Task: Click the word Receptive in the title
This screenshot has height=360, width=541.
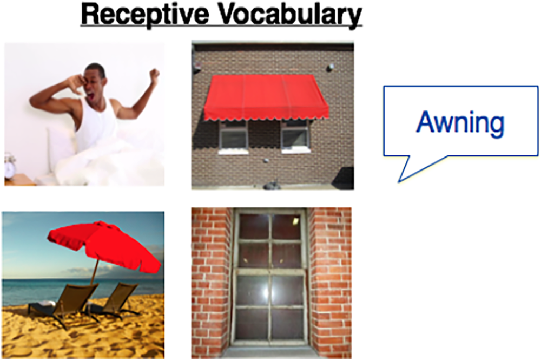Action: tap(145, 15)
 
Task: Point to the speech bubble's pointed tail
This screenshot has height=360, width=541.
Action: tap(400, 180)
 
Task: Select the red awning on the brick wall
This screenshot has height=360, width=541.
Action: tap(265, 97)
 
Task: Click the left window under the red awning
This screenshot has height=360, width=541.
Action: tap(233, 135)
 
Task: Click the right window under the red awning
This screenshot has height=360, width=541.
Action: tap(295, 135)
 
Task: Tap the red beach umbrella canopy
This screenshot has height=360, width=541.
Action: tap(103, 245)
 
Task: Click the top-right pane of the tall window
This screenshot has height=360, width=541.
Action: tap(286, 226)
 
